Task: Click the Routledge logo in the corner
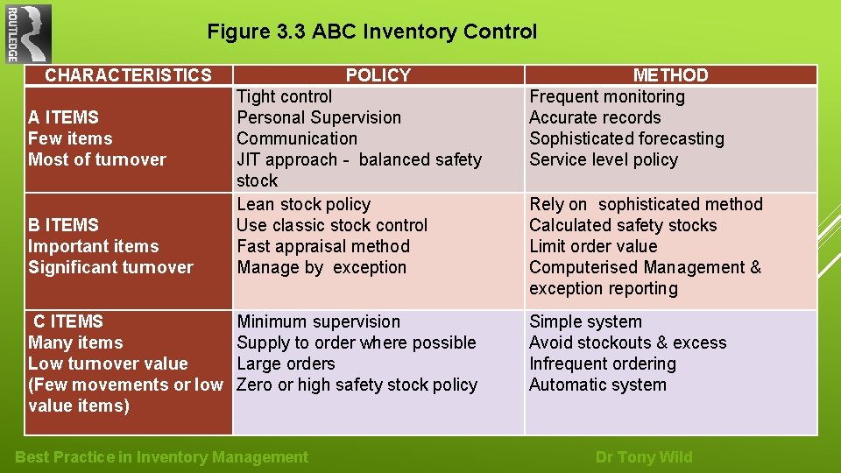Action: [x=28, y=34]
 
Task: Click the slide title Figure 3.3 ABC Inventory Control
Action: [x=371, y=32]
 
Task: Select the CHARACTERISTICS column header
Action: [x=128, y=75]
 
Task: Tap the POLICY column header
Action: [x=378, y=75]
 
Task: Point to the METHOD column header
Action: [x=670, y=75]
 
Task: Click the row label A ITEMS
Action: [x=63, y=117]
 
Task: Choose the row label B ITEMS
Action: [x=63, y=225]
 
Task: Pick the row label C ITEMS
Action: [x=67, y=321]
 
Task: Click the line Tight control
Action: [x=285, y=96]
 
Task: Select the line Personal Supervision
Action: [x=319, y=117]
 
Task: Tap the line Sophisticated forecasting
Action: [x=626, y=138]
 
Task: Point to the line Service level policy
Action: [x=604, y=159]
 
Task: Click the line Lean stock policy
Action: [x=303, y=204]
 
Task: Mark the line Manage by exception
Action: [x=322, y=267]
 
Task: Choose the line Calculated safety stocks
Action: [x=623, y=225]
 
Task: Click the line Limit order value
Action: [x=593, y=246]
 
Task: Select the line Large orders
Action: [x=286, y=364]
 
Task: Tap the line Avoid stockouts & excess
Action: [x=627, y=342]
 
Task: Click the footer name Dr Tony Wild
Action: [x=643, y=456]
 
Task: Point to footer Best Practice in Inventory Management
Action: [x=162, y=456]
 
